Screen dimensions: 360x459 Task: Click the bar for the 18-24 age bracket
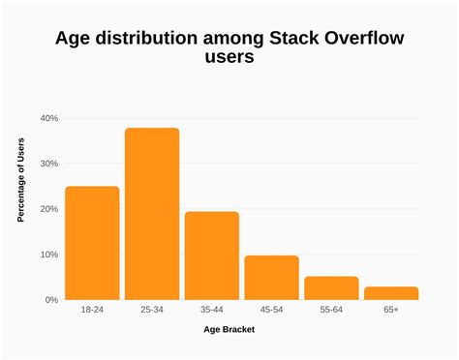(x=92, y=243)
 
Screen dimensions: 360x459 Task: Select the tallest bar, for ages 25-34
(x=152, y=214)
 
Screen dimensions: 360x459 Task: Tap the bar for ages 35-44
(x=212, y=255)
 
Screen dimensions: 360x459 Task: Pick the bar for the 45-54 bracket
(x=271, y=278)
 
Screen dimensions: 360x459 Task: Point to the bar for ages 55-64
(x=331, y=288)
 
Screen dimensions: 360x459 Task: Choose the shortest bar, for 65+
(x=391, y=293)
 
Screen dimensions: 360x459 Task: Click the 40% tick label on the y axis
(x=48, y=118)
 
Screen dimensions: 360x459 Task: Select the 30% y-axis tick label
(x=48, y=164)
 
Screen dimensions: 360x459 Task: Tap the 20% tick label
(x=48, y=209)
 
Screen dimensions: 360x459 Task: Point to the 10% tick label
(x=48, y=255)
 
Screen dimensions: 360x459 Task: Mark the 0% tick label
(x=50, y=300)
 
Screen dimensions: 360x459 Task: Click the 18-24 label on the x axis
(x=92, y=312)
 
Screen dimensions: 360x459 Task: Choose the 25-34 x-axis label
(x=152, y=312)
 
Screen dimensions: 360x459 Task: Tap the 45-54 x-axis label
(x=271, y=312)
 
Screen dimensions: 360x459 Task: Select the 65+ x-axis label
(x=391, y=312)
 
